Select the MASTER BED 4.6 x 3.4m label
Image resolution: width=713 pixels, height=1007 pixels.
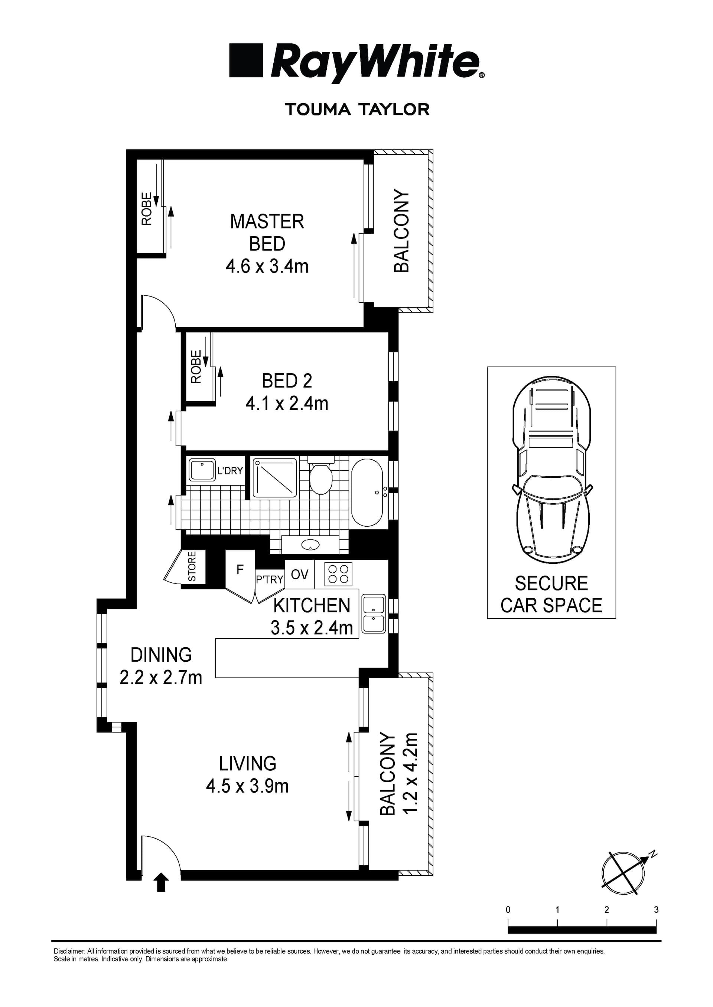click(x=267, y=244)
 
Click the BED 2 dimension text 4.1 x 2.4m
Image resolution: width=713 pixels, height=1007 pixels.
click(x=287, y=404)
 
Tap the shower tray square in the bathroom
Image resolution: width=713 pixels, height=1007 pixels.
click(x=275, y=478)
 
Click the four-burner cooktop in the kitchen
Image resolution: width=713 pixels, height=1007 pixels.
click(x=338, y=574)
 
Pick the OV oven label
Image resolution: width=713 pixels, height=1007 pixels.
click(x=299, y=574)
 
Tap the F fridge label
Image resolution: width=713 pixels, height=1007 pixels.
click(x=240, y=570)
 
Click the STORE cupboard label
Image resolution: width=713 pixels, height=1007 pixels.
click(x=192, y=567)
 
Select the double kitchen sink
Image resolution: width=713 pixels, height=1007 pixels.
click(x=374, y=613)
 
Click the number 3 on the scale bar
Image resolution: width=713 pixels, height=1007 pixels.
click(x=656, y=910)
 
